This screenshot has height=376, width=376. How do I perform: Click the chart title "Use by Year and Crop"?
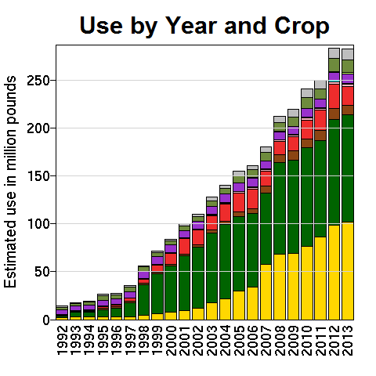pyautogui.click(x=204, y=26)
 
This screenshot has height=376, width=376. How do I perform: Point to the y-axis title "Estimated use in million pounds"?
pyautogui.click(x=10, y=182)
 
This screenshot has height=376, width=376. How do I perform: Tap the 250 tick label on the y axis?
pyautogui.click(x=38, y=81)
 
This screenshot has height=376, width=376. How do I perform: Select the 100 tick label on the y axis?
pyautogui.click(x=38, y=224)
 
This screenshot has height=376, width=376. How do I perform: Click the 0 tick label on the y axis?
pyautogui.click(x=46, y=320)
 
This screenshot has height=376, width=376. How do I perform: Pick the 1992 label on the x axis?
pyautogui.click(x=62, y=341)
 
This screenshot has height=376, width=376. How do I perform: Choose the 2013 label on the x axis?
pyautogui.click(x=348, y=341)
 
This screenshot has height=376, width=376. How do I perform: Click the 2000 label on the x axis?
pyautogui.click(x=171, y=341)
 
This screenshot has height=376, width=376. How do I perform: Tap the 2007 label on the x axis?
pyautogui.click(x=266, y=341)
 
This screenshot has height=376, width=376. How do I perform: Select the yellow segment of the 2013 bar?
pyautogui.click(x=348, y=271)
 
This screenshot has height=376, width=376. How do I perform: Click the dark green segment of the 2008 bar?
pyautogui.click(x=280, y=208)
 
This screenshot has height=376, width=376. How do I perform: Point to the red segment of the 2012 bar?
pyautogui.click(x=334, y=96)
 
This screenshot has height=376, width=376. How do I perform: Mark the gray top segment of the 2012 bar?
pyautogui.click(x=334, y=53)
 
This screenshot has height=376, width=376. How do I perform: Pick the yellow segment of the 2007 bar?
pyautogui.click(x=266, y=292)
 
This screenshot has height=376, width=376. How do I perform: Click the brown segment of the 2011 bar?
pyautogui.click(x=320, y=136)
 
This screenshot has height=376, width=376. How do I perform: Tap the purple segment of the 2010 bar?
pyautogui.click(x=307, y=113)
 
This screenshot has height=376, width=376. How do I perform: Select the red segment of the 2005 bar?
pyautogui.click(x=239, y=202)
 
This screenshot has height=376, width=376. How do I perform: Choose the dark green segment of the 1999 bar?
pyautogui.click(x=157, y=294)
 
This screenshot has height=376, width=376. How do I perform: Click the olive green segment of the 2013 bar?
pyautogui.click(x=348, y=66)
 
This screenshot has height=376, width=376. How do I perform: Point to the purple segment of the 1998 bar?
pyautogui.click(x=143, y=275)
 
